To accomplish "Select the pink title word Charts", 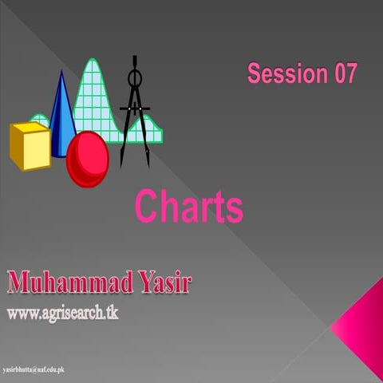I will point(188,207).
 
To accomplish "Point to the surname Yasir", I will point(167,283).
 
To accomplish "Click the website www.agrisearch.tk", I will point(62,312).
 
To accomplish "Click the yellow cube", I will point(30,147).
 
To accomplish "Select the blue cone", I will point(61,120).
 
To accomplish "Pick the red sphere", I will point(87,159).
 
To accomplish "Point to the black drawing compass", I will point(135,112).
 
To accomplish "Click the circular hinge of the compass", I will point(135,78).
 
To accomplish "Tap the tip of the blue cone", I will point(59,73).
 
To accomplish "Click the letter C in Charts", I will point(146,207).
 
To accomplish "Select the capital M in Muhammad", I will point(21,283).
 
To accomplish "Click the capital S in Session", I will point(255,74).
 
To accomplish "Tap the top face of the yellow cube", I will point(28,128).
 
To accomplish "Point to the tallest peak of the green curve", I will point(93,61).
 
